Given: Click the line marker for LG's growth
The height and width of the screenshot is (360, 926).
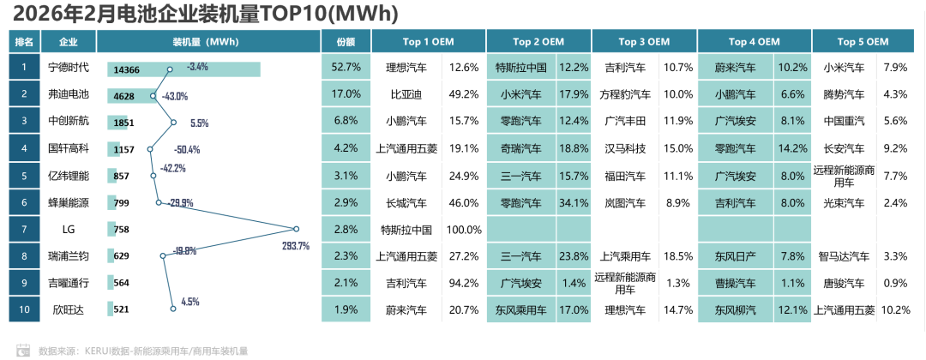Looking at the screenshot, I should [x=296, y=229].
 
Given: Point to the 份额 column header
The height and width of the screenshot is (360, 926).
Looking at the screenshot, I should [x=346, y=41].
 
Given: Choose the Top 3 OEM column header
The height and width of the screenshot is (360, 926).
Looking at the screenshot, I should [x=644, y=41].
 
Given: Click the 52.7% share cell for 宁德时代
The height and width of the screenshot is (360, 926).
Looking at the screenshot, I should [x=346, y=67].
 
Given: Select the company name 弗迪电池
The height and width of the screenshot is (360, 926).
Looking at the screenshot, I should [x=69, y=94].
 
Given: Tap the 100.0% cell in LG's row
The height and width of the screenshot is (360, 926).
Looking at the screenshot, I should [x=465, y=230].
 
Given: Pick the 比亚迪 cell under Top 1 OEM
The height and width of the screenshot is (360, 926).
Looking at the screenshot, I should [x=406, y=94].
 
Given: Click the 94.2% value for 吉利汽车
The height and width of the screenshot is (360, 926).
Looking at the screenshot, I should [x=465, y=284].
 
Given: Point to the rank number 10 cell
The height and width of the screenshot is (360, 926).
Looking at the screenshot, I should [x=25, y=310].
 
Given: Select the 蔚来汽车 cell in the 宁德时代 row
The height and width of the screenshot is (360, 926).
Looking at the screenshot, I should [x=736, y=67].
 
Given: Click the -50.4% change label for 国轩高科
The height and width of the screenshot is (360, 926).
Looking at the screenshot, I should [x=186, y=149].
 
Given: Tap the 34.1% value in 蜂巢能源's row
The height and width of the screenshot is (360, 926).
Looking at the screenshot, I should [x=574, y=203].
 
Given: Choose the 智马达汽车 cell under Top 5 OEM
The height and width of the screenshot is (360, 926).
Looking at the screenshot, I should [x=844, y=256].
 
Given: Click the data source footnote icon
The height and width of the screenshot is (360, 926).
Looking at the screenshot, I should [x=24, y=350].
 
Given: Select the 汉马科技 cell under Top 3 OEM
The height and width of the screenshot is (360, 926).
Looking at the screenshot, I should [x=623, y=148].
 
